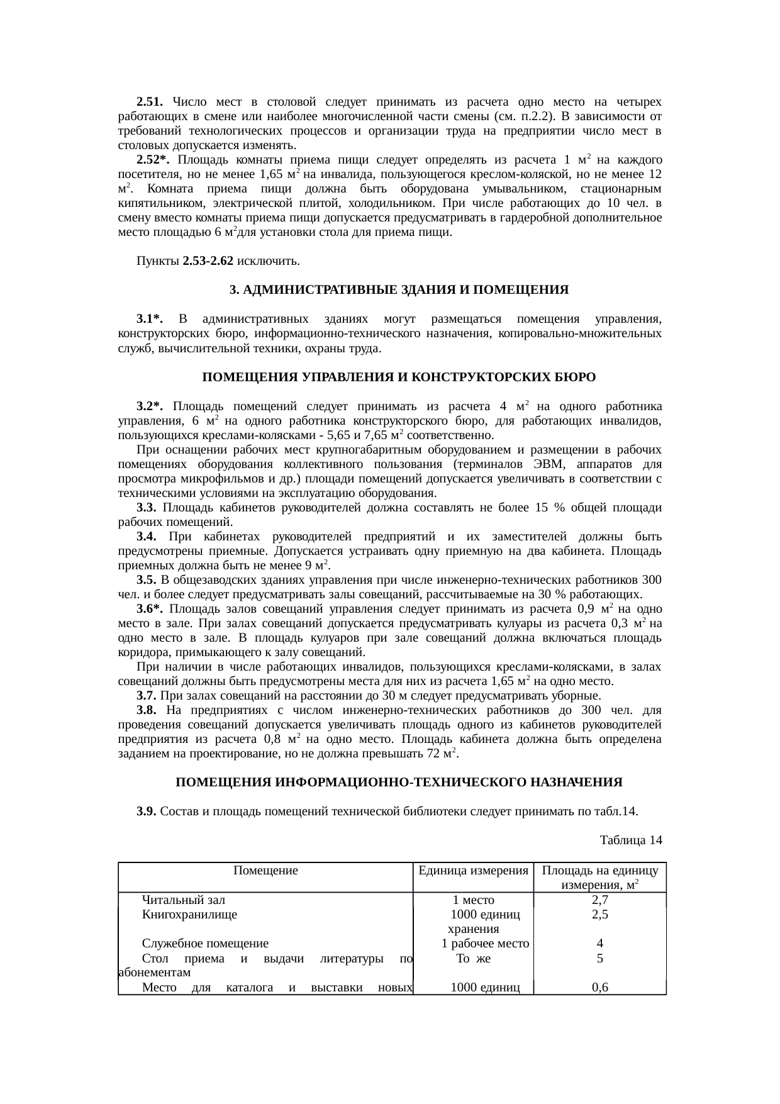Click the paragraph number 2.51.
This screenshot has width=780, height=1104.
(150, 102)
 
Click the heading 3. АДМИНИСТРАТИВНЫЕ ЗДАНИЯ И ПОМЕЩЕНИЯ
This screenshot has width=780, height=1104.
(399, 290)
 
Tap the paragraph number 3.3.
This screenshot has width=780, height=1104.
(146, 508)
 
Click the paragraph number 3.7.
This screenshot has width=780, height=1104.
(146, 696)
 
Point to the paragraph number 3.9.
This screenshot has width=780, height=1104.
(146, 811)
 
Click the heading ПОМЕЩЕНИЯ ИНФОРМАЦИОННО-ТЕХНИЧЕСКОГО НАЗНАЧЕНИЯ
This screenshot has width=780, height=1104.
(399, 783)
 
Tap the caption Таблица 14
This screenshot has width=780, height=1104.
(631, 840)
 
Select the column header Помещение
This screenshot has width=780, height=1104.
(265, 871)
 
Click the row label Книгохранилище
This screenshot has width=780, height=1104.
(189, 915)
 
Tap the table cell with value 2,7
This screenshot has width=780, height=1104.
(599, 900)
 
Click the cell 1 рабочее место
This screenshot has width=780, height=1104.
(485, 944)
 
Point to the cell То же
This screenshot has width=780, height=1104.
(473, 959)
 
